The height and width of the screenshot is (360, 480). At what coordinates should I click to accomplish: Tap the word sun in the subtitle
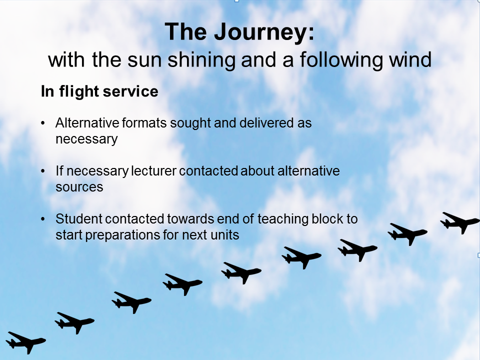(144, 60)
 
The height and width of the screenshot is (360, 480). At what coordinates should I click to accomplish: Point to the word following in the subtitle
(341, 60)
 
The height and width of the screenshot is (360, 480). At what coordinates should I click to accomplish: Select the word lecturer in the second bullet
(153, 171)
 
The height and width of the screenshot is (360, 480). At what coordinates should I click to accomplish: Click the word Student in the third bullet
(79, 219)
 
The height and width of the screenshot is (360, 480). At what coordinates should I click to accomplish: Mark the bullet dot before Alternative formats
(43, 123)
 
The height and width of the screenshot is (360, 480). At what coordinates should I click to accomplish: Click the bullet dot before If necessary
(43, 171)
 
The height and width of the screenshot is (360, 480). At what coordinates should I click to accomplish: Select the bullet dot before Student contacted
(43, 219)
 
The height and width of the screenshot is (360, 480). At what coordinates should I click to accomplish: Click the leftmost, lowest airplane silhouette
(26, 342)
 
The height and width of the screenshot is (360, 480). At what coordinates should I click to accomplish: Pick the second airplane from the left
(74, 322)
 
